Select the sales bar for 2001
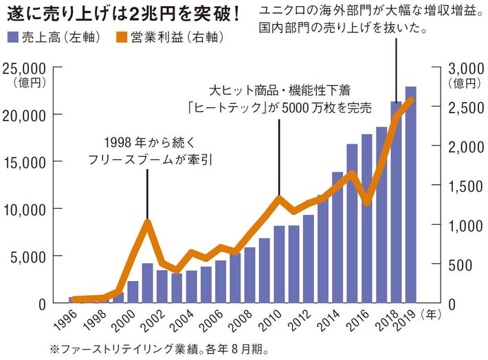coord(148,283)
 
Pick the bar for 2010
coord(279,265)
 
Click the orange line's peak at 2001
coord(147,221)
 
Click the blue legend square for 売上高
coord(13,35)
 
